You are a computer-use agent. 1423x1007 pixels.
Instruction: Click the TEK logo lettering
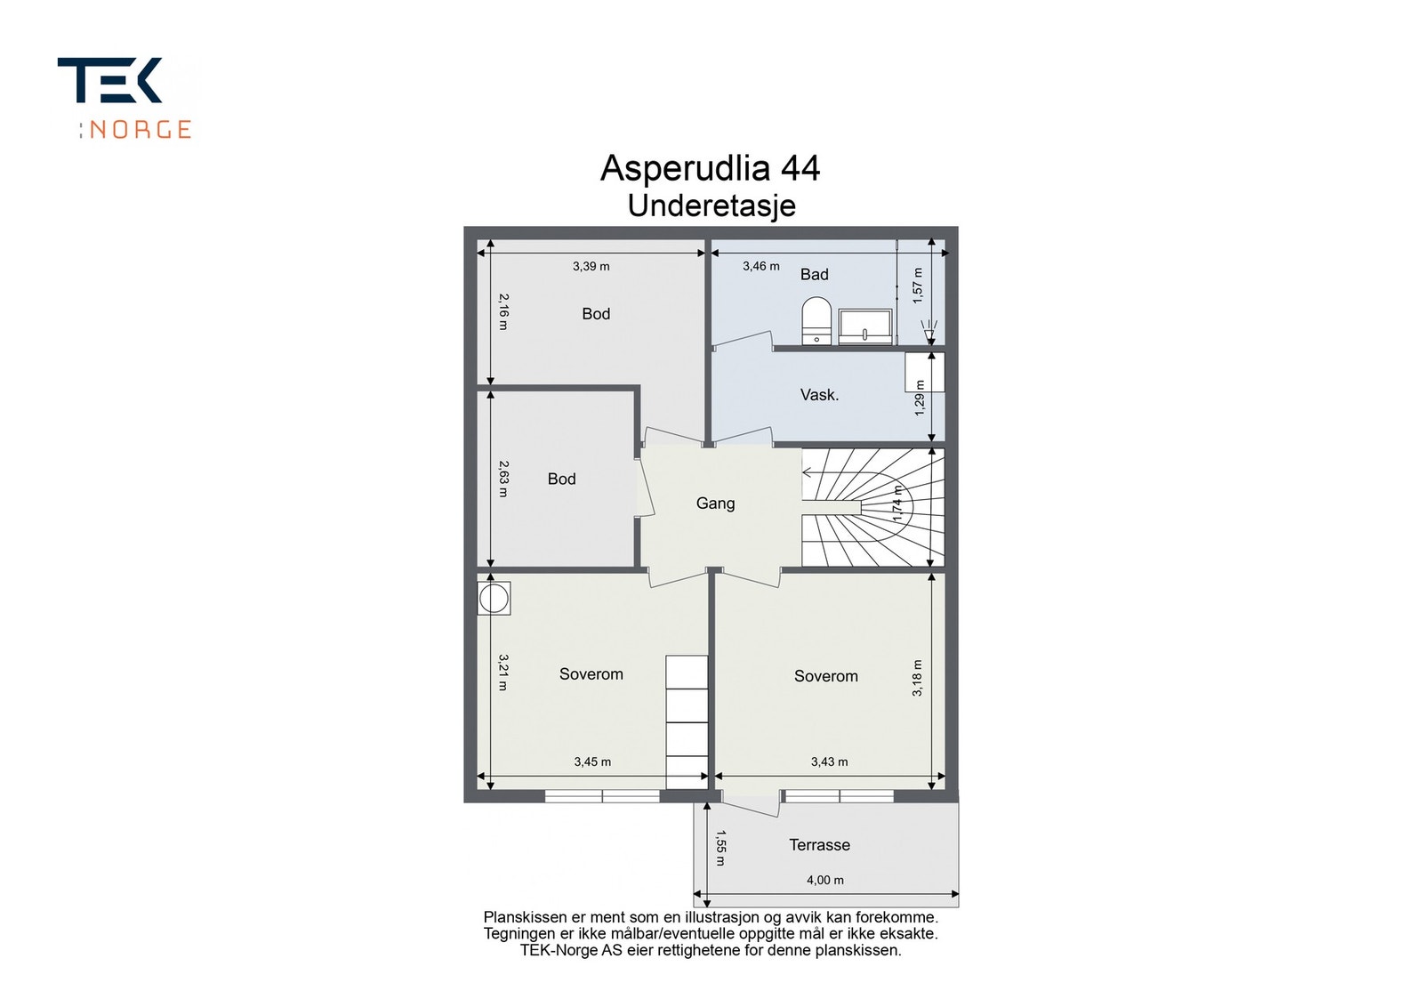click(x=110, y=80)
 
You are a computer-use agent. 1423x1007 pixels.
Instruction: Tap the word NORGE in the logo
click(x=140, y=130)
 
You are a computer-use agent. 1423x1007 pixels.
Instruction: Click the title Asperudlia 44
click(x=711, y=168)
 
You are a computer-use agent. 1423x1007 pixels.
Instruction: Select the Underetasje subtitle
click(x=711, y=205)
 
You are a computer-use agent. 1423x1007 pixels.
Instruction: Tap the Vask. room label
click(x=819, y=395)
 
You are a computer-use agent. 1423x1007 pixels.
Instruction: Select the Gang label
click(x=715, y=503)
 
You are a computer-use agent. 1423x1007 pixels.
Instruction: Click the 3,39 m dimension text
click(x=591, y=266)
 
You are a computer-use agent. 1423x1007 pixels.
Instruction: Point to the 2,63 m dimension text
click(x=503, y=479)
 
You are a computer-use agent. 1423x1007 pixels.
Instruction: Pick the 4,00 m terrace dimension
click(x=825, y=880)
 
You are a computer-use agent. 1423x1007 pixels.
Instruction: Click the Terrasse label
click(x=819, y=845)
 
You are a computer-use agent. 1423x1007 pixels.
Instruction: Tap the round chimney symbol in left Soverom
click(x=494, y=599)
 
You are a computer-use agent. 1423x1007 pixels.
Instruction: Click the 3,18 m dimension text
click(x=917, y=678)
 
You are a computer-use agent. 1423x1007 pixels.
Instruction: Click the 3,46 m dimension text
click(x=761, y=266)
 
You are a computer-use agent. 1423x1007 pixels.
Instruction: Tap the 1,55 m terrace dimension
click(x=720, y=848)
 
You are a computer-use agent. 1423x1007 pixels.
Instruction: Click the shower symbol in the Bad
click(x=929, y=328)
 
